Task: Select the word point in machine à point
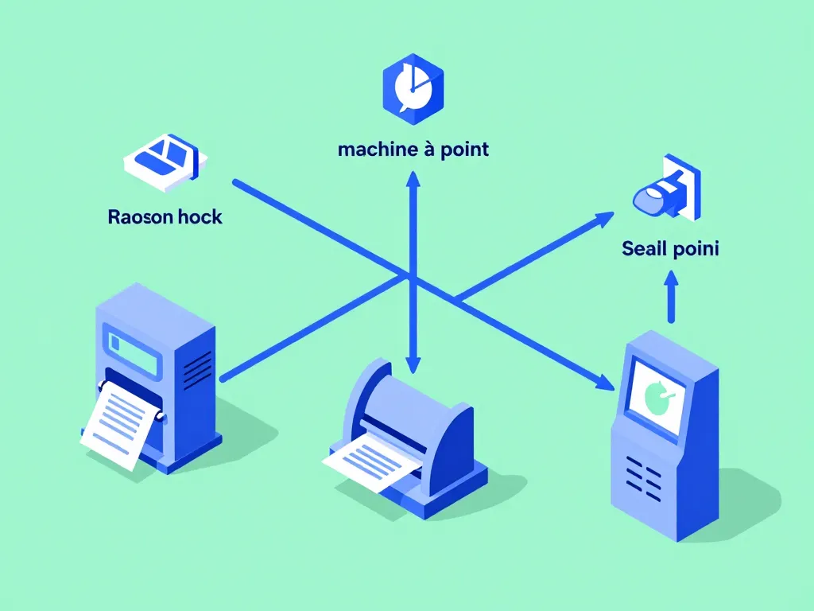click(x=464, y=150)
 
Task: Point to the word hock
click(x=200, y=216)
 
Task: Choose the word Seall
click(x=645, y=248)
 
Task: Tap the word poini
click(x=696, y=248)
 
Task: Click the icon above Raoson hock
click(x=165, y=162)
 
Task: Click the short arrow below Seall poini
click(x=672, y=297)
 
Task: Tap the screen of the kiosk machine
click(x=656, y=396)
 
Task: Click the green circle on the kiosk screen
click(x=657, y=396)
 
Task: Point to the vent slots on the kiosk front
click(x=643, y=480)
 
